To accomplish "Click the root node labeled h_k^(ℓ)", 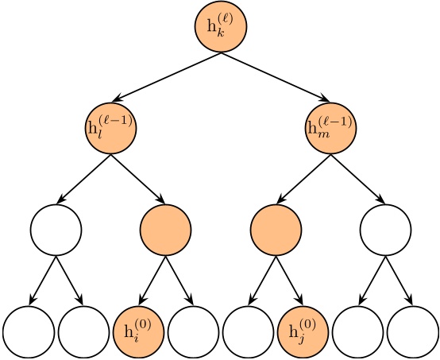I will [221, 28].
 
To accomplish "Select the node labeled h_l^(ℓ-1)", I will [110, 128].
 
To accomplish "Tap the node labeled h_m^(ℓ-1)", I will [330, 128].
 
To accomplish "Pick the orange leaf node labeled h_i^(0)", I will [138, 330].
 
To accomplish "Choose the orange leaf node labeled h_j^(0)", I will [303, 330].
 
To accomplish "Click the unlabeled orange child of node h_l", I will [165, 230].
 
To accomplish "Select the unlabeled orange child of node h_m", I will [276, 230].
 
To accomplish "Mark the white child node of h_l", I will [56, 230].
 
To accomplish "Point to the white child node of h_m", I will [385, 230].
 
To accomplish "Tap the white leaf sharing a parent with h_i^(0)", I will [193, 330].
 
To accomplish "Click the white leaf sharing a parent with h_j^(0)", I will [248, 330].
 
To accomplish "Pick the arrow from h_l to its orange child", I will [138, 180].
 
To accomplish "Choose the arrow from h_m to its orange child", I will [303, 180].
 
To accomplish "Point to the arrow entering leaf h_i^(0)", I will [152, 281].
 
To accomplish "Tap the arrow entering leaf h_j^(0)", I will [289, 281].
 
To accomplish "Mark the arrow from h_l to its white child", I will [83, 180].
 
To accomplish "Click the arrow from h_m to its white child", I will [357, 180].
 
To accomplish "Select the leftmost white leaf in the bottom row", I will [28, 330].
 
